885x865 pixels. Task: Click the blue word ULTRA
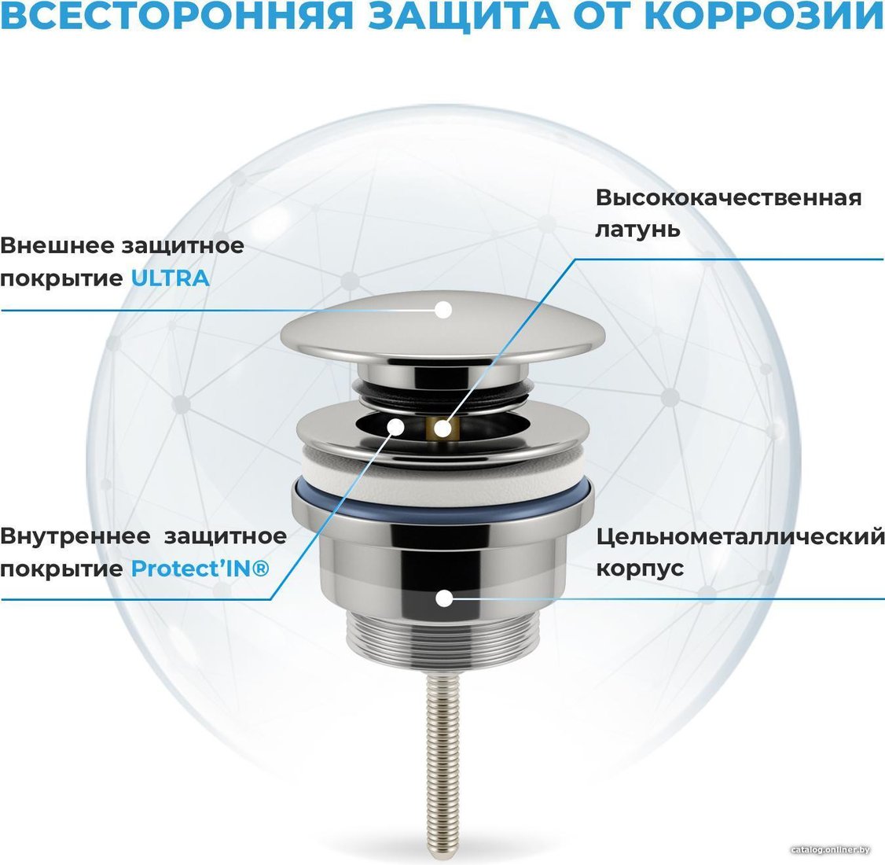(171, 278)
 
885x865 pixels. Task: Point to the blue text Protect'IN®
(200, 568)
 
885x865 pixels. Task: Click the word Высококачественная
(729, 197)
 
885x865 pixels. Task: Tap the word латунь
(637, 230)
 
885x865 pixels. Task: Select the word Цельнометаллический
(740, 536)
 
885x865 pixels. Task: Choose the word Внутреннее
(75, 536)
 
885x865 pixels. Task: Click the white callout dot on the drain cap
(443, 309)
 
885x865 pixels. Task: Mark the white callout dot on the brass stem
(443, 429)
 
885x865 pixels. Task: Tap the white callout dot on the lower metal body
(445, 598)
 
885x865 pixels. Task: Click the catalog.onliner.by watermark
(830, 850)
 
